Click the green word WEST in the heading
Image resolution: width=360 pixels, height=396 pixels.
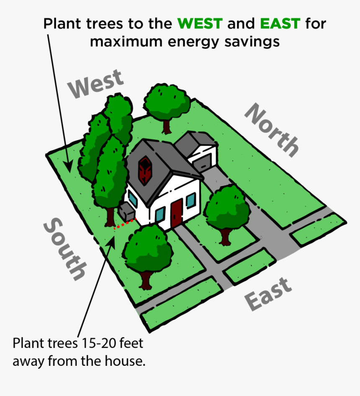[x=200, y=23]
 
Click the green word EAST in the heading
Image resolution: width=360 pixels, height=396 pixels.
[x=280, y=23]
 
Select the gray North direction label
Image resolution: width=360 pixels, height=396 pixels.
[x=272, y=130]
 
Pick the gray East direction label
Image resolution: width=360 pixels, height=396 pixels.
[x=268, y=294]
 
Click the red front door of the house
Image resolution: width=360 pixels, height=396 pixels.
[x=177, y=213]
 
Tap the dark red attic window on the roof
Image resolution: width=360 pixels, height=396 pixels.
[x=145, y=171]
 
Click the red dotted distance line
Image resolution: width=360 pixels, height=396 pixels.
[x=125, y=224]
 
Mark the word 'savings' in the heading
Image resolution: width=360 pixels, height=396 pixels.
[x=252, y=41]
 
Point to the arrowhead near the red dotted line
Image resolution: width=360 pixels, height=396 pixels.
[x=111, y=242]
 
